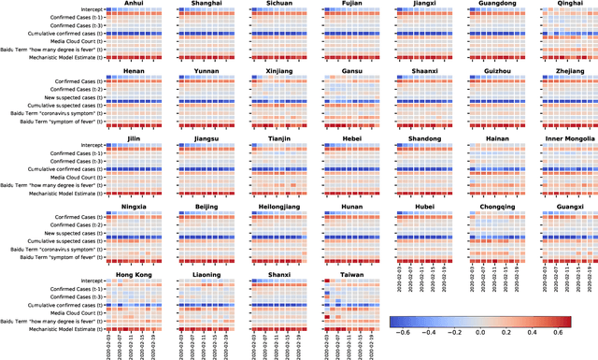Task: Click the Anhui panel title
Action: [x=132, y=4]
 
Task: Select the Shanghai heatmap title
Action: [x=205, y=4]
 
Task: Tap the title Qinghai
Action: [x=567, y=4]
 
